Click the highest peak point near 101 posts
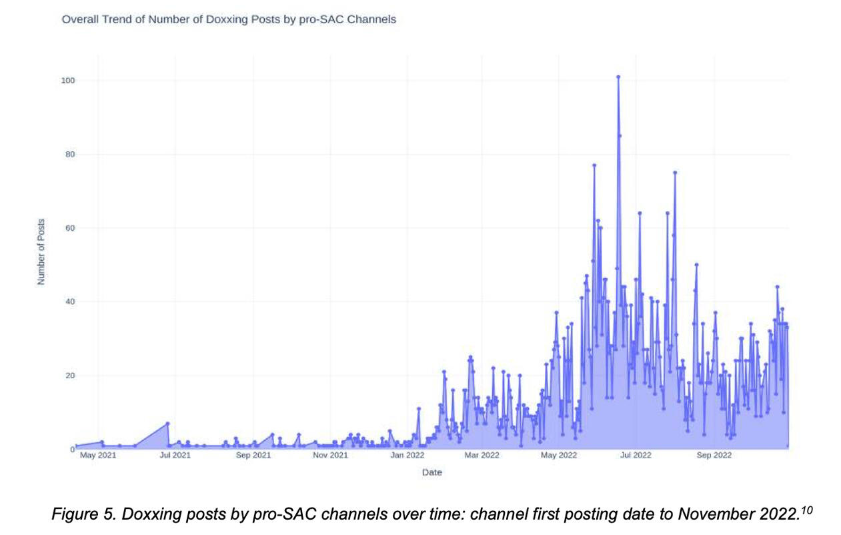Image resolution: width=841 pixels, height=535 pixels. pyautogui.click(x=618, y=77)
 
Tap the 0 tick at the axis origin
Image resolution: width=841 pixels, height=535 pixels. pyautogui.click(x=72, y=450)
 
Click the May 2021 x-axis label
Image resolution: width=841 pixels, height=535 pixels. pyautogui.click(x=97, y=456)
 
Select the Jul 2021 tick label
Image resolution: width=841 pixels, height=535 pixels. pyautogui.click(x=175, y=456)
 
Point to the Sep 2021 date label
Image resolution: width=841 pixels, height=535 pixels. pyautogui.click(x=253, y=456)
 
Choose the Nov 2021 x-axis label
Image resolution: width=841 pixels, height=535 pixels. pyautogui.click(x=330, y=456)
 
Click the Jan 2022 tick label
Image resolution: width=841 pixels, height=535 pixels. pyautogui.click(x=407, y=456)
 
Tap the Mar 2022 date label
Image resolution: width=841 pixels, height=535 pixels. pyautogui.click(x=482, y=456)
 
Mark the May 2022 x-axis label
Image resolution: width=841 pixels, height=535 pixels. pyautogui.click(x=559, y=456)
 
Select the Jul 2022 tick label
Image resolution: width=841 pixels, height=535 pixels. pyautogui.click(x=636, y=456)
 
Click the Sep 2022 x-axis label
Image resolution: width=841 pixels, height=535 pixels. pyautogui.click(x=714, y=456)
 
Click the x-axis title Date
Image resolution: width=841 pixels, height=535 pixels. pyautogui.click(x=432, y=473)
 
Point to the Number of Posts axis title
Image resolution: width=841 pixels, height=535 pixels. pyautogui.click(x=41, y=251)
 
